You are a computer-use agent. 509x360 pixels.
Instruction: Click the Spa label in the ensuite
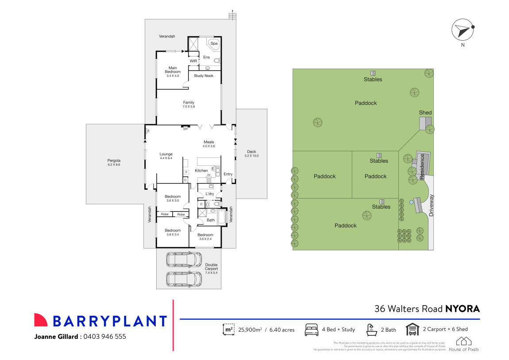point(214,43)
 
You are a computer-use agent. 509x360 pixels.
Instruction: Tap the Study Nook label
point(203,76)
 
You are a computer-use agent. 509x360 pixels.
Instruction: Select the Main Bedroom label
point(173,69)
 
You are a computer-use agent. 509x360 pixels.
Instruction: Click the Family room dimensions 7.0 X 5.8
point(189,107)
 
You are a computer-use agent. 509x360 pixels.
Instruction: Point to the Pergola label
point(114,161)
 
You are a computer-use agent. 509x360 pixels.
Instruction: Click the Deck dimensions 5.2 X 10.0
point(251,156)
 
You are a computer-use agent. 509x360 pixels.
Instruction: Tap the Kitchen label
point(201,171)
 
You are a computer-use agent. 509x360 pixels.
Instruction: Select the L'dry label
point(210,194)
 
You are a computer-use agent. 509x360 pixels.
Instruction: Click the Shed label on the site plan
point(425,113)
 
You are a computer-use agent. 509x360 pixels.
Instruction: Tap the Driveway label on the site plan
point(432,205)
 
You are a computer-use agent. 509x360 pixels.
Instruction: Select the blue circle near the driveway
point(412,202)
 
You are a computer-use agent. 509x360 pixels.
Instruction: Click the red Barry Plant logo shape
point(41,320)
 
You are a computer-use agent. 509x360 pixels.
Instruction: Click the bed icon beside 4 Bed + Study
point(312,329)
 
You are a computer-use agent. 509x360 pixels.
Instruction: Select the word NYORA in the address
point(462,309)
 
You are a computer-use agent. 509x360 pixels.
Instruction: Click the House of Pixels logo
point(463,344)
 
